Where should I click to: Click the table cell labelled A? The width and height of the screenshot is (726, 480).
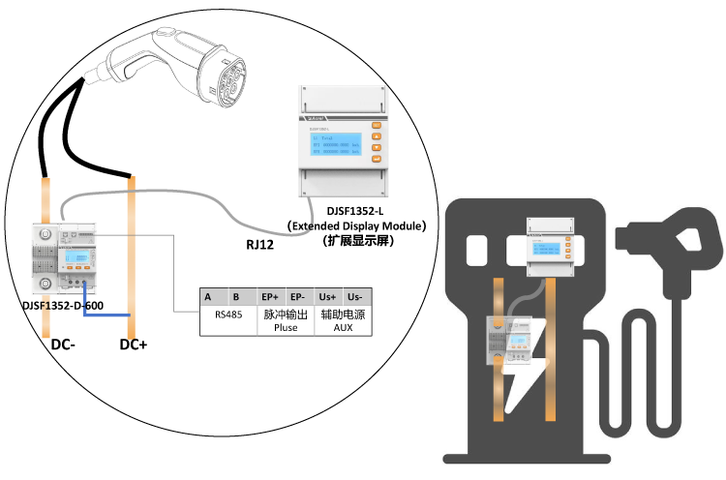click(x=208, y=296)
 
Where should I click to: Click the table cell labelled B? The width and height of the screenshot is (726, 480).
click(x=235, y=296)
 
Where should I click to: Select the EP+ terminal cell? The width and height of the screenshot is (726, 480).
click(x=270, y=296)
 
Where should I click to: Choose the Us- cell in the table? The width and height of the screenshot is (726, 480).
click(x=355, y=296)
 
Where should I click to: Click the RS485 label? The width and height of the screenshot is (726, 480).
click(x=228, y=315)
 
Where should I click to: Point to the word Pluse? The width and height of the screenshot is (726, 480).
click(x=285, y=329)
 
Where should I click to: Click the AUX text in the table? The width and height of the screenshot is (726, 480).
click(x=343, y=329)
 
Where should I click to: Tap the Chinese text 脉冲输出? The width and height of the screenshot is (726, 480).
click(x=285, y=315)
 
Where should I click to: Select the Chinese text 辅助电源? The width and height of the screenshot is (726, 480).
click(x=343, y=315)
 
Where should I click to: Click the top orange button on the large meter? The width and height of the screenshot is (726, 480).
click(x=377, y=124)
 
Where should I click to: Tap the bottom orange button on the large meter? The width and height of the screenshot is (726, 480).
click(x=377, y=163)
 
